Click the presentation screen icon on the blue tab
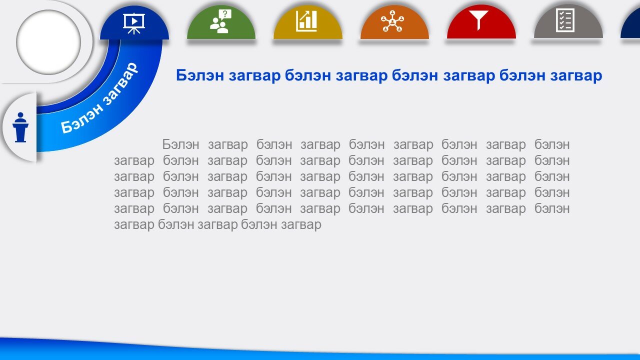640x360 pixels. tap(134, 23)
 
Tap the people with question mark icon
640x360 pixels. tap(220, 21)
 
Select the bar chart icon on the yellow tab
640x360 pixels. tap(307, 21)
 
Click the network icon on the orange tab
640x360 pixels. tap(392, 21)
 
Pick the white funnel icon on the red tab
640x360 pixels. tap(478, 20)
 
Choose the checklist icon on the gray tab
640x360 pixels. tap(565, 20)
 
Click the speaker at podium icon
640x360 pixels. tap(20, 127)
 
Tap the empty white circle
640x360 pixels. tap(48, 42)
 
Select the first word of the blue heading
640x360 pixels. tap(199, 75)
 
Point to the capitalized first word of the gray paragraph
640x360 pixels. tap(180, 144)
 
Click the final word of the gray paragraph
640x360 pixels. tap(301, 225)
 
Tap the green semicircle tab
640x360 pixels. tap(221, 22)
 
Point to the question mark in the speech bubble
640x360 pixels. tap(225, 13)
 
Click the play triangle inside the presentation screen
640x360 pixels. tap(134, 21)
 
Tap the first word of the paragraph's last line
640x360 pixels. tap(134, 225)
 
